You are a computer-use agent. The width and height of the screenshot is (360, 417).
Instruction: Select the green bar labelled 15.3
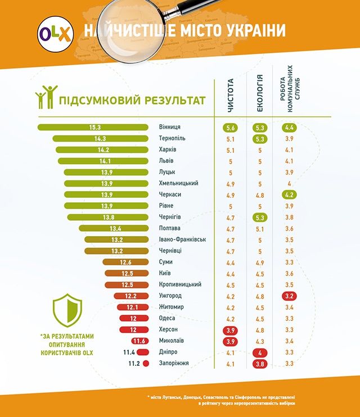pos(90,127)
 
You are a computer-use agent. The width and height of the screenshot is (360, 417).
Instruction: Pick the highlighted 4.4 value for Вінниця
pos(290,128)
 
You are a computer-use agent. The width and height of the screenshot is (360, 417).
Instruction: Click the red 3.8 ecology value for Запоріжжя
pos(260,364)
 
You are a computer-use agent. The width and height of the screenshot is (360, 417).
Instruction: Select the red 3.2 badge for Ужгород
pos(290,296)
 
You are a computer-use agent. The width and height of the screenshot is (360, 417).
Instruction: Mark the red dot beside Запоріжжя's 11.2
pos(146,364)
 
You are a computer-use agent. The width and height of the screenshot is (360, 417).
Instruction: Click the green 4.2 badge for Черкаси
pos(290,195)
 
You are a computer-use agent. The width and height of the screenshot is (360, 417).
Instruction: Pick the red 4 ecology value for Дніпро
pos(260,352)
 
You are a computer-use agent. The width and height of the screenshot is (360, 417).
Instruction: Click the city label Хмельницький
pos(179,183)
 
